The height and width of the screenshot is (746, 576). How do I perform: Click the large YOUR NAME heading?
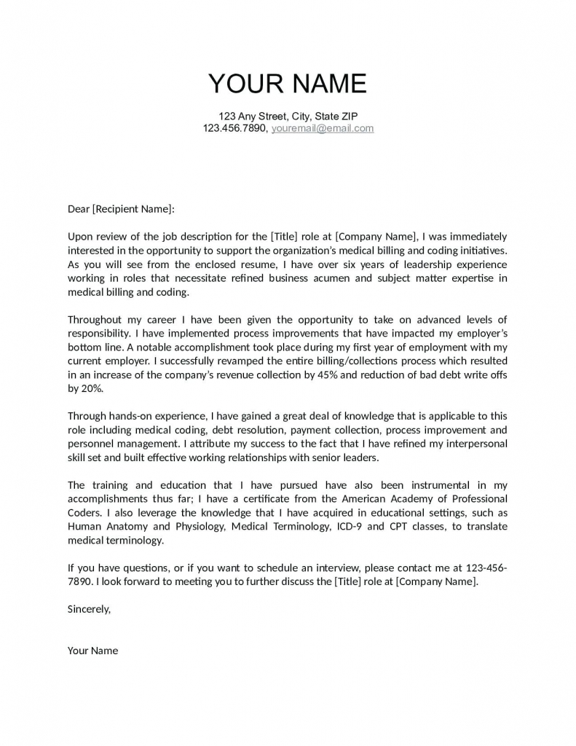(288, 84)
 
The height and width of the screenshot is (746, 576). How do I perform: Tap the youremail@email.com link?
(323, 128)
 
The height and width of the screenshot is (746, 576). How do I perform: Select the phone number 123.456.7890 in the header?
(235, 128)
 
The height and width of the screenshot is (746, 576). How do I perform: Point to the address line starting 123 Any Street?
(288, 116)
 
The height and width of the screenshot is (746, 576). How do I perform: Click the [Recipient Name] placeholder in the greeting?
(133, 209)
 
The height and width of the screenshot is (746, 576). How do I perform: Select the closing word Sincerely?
(89, 609)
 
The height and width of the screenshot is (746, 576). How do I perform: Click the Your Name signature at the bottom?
(92, 651)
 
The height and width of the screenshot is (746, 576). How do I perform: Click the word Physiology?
(199, 527)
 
